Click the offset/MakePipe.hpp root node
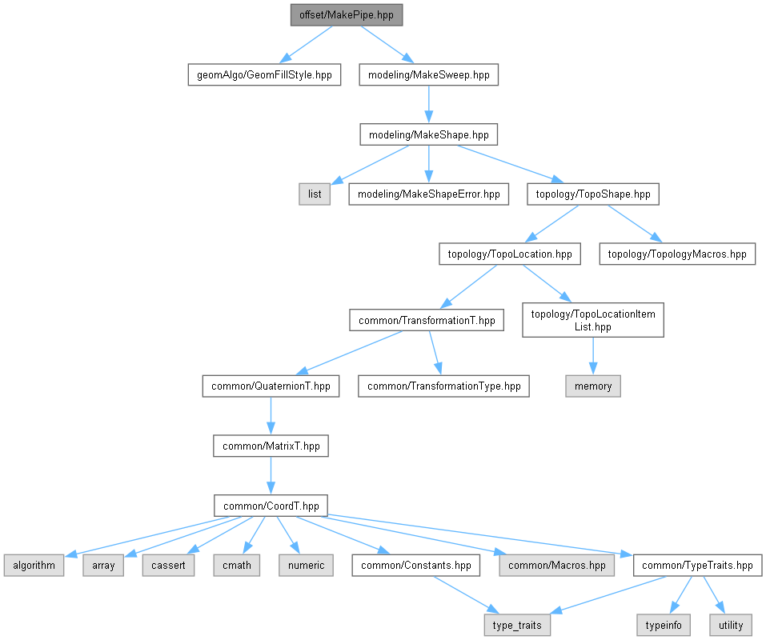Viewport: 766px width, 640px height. (x=347, y=14)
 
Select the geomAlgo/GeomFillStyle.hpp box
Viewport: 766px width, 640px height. (x=264, y=75)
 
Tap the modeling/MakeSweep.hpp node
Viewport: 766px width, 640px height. (x=429, y=75)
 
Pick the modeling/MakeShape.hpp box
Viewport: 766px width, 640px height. (x=429, y=135)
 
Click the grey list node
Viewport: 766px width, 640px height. (x=315, y=194)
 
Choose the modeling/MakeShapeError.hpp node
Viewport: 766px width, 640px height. (x=428, y=194)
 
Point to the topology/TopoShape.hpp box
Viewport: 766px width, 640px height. (x=593, y=194)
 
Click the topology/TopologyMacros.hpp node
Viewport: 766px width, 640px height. (x=677, y=254)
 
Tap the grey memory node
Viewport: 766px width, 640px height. (x=593, y=386)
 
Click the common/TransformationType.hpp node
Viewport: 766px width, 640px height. (x=443, y=386)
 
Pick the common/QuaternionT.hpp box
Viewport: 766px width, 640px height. (x=271, y=386)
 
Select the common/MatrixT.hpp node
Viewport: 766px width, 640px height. (x=271, y=446)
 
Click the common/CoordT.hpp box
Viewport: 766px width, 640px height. (x=271, y=506)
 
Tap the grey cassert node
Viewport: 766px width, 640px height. (x=169, y=565)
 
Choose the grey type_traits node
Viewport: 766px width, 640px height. (x=517, y=625)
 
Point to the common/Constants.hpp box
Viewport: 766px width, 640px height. (x=416, y=565)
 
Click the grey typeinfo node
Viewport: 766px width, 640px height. (x=661, y=625)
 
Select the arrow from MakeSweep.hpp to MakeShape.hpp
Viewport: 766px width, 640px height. (x=429, y=105)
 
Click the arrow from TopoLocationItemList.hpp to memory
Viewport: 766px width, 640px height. (x=593, y=355)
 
